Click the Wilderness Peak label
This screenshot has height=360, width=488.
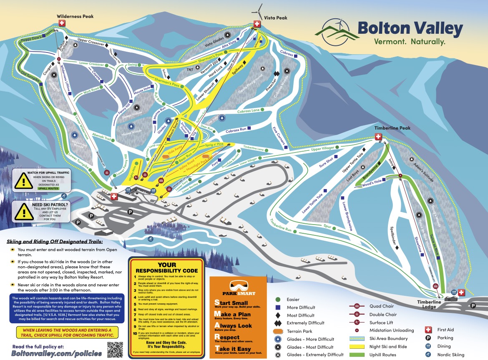(x=75, y=16)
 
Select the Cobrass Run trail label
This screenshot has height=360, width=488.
(x=236, y=131)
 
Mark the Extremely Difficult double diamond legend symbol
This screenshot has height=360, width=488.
(x=278, y=323)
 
